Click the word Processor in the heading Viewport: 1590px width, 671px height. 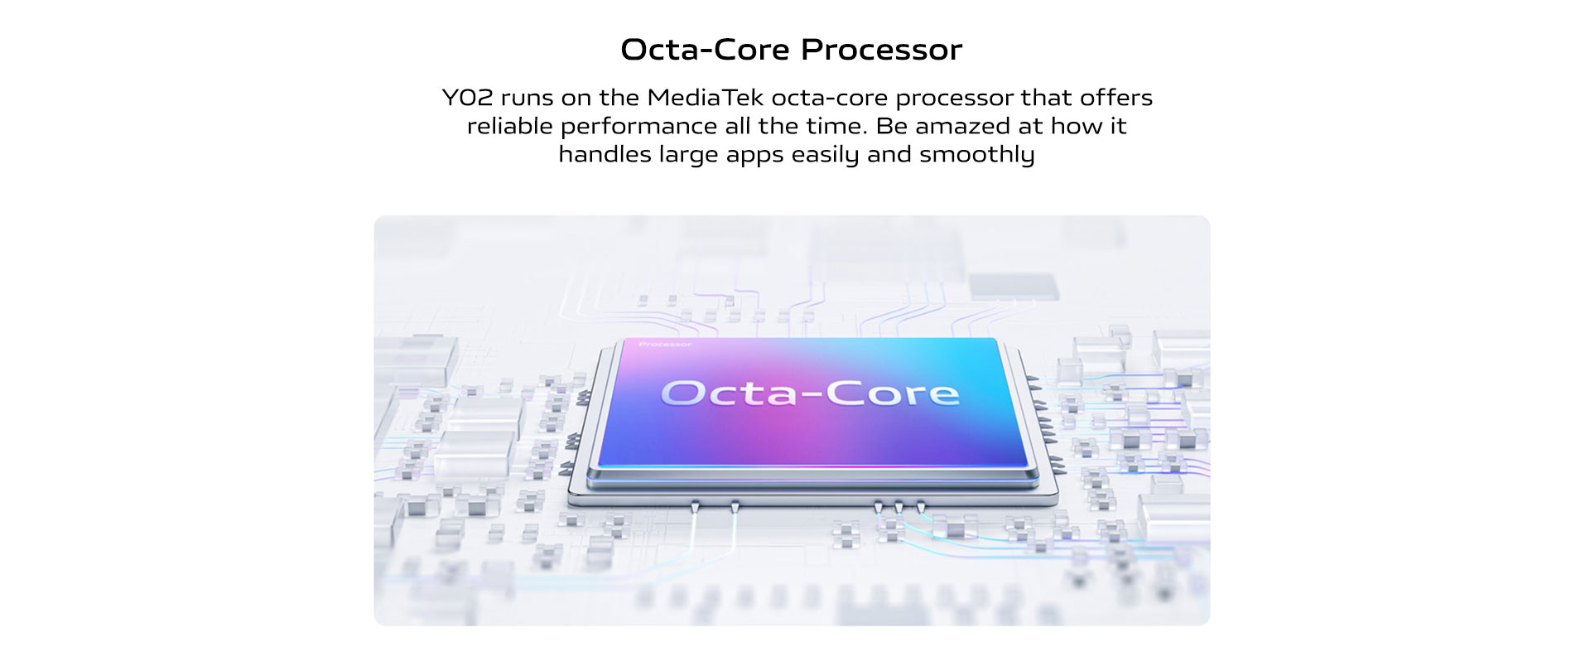(882, 50)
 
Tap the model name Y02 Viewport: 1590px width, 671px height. (467, 98)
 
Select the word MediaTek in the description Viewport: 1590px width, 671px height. (706, 98)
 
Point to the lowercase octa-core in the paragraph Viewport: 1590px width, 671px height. (829, 98)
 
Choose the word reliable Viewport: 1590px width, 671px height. (509, 126)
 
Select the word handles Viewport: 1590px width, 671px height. (605, 154)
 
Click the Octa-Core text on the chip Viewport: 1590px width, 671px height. (810, 393)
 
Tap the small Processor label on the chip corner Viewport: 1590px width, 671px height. (665, 344)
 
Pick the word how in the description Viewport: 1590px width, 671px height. (1077, 126)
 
